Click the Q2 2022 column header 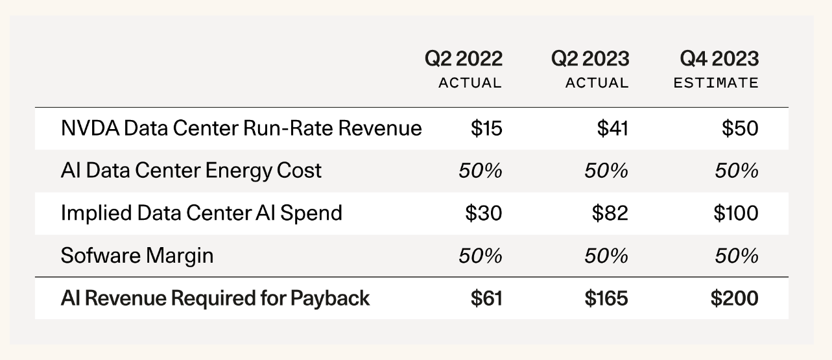pos(464,59)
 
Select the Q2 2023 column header pos(590,59)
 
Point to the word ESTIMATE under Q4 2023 pos(715,83)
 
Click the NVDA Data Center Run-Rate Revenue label pos(241,128)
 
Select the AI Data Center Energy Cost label pos(191,171)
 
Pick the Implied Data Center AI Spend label pos(201,213)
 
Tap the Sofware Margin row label pos(137,256)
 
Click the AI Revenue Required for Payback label pos(215,298)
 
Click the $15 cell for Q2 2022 pos(486,128)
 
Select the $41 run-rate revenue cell pos(613,128)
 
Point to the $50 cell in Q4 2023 pos(740,128)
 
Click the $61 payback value pos(486,298)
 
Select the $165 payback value pos(606,298)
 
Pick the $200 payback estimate pos(734,298)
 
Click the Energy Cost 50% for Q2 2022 pos(480,171)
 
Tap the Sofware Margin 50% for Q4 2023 pos(737,256)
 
